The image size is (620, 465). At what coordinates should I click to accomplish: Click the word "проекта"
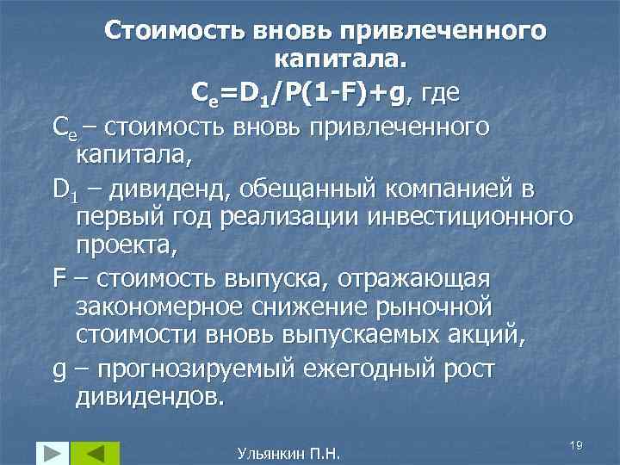(126, 246)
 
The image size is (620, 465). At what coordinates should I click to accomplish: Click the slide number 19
(576, 443)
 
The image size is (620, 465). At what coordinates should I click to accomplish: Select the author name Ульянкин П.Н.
(288, 452)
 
